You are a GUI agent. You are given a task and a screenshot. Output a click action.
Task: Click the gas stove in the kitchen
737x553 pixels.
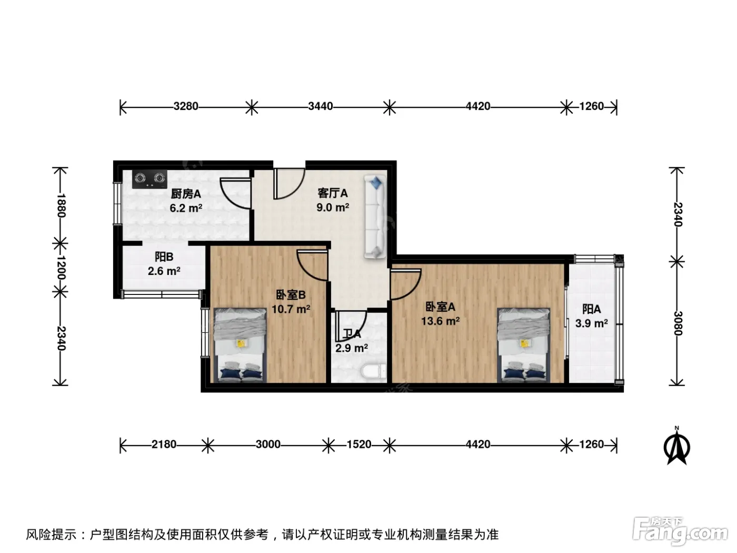(150, 180)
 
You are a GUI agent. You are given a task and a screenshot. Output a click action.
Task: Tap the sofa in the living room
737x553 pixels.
(375, 217)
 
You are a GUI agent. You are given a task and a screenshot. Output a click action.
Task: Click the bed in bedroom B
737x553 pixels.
(241, 345)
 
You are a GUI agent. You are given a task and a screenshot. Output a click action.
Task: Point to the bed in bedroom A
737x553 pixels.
(524, 345)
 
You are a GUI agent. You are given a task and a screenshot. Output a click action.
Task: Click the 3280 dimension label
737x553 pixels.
(186, 106)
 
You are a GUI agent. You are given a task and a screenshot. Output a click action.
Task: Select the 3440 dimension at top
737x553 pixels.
(321, 106)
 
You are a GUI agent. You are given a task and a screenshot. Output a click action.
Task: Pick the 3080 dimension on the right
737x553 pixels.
(678, 323)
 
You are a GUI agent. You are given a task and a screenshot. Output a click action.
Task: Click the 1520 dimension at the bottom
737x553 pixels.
(359, 445)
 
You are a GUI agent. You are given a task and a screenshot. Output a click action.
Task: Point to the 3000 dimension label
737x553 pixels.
(268, 445)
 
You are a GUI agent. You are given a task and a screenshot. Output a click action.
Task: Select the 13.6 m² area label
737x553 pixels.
(440, 321)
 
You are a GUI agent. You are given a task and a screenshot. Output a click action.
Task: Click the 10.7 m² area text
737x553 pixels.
(291, 309)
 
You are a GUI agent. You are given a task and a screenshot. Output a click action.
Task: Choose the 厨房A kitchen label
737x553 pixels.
(186, 194)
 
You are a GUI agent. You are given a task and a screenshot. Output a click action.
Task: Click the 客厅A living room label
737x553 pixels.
(332, 193)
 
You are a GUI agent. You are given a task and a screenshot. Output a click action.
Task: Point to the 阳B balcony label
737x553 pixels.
(164, 257)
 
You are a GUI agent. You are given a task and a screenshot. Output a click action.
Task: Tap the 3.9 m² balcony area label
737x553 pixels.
(592, 323)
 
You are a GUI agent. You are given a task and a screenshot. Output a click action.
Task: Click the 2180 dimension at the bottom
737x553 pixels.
(164, 445)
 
